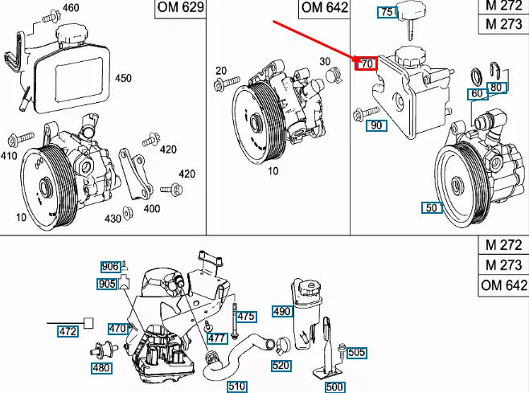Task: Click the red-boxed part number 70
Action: [x=367, y=63]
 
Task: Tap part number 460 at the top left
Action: [x=71, y=8]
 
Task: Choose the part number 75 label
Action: [x=388, y=12]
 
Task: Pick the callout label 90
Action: [x=376, y=125]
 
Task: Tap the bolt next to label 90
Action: [x=362, y=112]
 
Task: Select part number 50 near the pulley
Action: [x=432, y=207]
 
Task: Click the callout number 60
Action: [x=478, y=94]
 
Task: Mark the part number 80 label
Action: [x=496, y=87]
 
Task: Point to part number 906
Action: [x=109, y=267]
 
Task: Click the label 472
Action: [x=68, y=330]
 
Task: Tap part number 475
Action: [x=246, y=317]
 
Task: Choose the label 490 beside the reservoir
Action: [x=281, y=311]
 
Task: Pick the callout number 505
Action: [x=356, y=352]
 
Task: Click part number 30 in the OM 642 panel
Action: [x=325, y=61]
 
